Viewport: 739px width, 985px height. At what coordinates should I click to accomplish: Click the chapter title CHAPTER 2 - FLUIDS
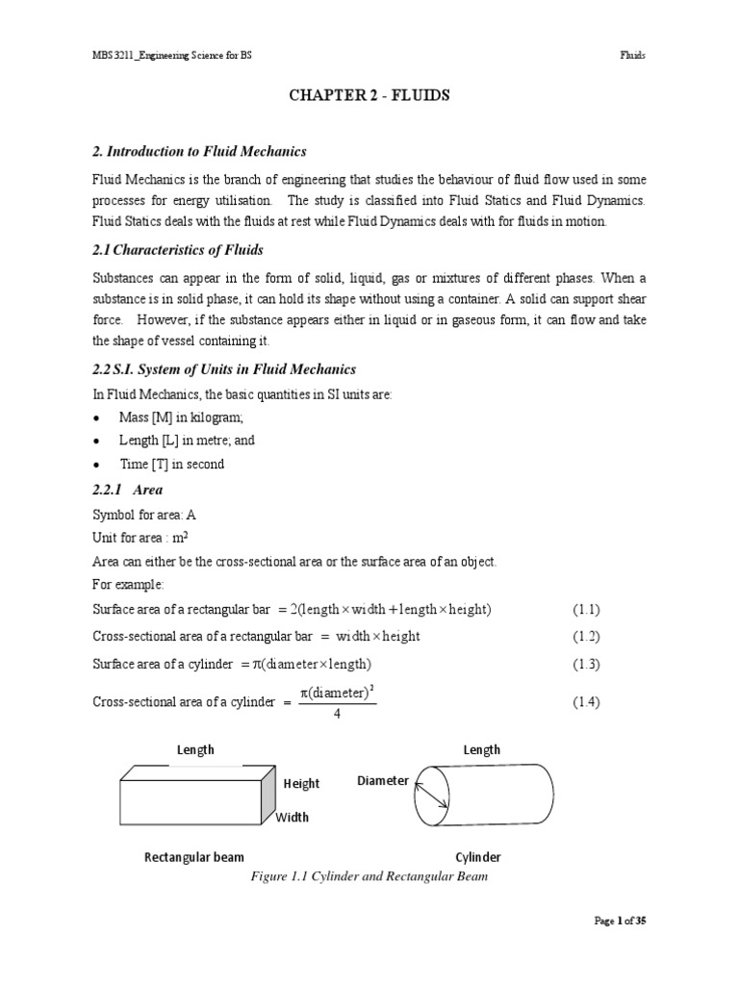pos(369,96)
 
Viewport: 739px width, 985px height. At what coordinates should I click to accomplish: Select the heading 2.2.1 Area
pos(127,489)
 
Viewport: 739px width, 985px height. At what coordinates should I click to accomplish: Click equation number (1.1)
pos(586,610)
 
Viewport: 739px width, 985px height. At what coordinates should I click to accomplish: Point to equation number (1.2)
pos(586,637)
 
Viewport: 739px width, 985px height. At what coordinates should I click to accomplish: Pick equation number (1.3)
pos(586,664)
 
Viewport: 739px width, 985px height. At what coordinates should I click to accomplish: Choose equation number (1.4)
pos(586,702)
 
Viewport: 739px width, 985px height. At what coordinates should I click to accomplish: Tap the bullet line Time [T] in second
pos(172,464)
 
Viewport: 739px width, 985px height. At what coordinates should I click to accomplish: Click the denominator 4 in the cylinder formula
pos(337,713)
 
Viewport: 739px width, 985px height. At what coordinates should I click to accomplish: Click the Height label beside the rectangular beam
pos(301,784)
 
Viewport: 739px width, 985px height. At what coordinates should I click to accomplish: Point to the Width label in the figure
pos(293,818)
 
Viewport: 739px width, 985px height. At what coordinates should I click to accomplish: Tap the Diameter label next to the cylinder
pos(382,780)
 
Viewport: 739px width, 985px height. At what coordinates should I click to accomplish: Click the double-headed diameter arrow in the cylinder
pos(431,795)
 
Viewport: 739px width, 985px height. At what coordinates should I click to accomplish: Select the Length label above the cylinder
pos(481,749)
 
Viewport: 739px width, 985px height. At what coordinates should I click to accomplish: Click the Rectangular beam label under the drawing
pos(193,857)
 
